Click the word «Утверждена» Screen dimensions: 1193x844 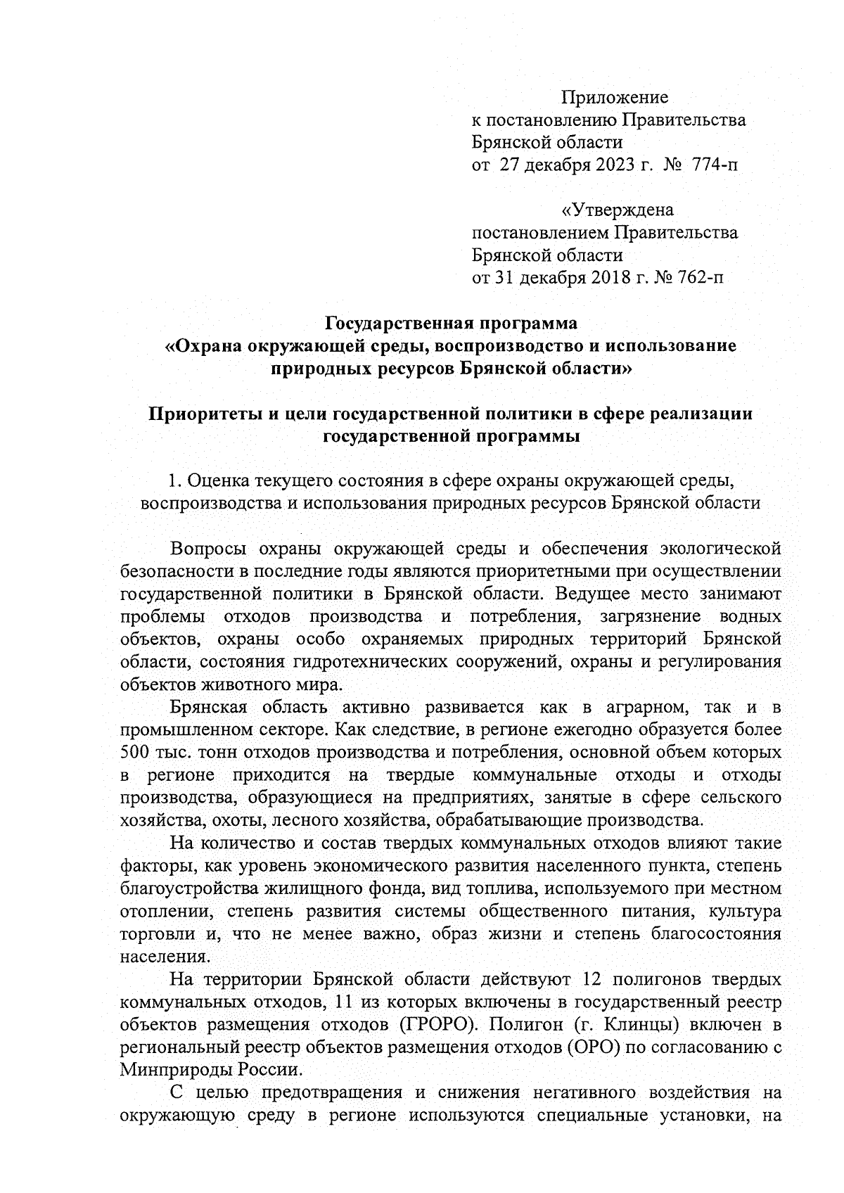(x=617, y=210)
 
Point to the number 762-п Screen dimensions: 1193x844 (x=698, y=277)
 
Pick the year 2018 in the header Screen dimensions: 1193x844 (x=611, y=277)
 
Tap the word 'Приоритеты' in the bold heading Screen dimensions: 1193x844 (x=203, y=414)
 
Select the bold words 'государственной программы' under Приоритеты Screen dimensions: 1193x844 (x=451, y=436)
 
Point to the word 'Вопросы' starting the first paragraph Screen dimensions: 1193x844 (x=204, y=549)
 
